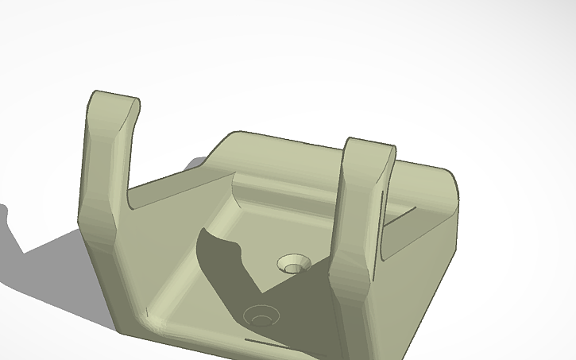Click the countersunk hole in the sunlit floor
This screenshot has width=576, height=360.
click(x=295, y=263)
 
